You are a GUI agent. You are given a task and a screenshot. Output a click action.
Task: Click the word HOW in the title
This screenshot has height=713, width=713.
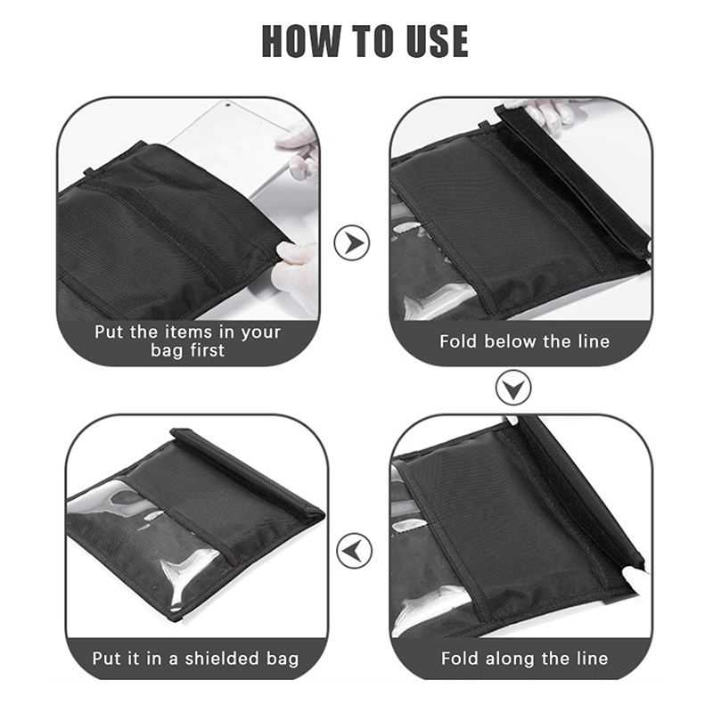300,41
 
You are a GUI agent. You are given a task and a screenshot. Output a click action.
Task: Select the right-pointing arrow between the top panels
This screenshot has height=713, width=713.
352,242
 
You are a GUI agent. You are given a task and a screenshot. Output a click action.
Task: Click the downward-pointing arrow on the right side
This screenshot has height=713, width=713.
513,388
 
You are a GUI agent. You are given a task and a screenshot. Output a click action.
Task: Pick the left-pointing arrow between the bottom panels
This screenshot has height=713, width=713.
354,551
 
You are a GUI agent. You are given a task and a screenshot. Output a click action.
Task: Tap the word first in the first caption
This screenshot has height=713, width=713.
208,350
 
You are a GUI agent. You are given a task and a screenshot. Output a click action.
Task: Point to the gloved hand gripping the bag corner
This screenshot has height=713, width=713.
296,275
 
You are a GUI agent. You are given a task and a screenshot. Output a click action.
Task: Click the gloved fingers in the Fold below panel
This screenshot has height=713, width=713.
545,111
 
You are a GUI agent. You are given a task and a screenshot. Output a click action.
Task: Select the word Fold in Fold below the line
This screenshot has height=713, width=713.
457,341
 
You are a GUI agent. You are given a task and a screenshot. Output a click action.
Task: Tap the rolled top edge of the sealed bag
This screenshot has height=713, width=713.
248,473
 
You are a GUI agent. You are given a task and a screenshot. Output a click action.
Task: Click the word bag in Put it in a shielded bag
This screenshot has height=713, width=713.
283,659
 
